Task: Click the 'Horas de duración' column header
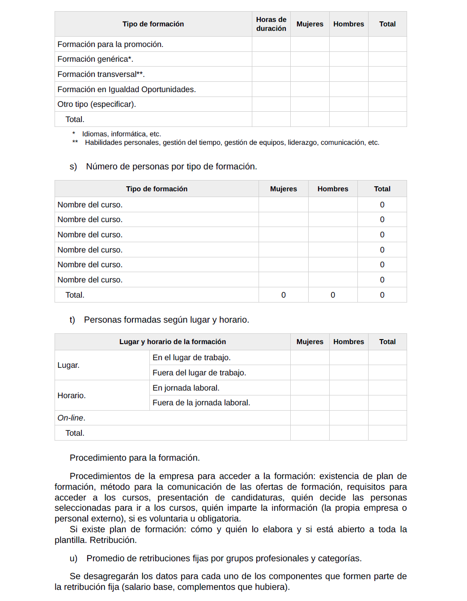[271, 24]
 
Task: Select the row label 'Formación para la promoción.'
[110, 44]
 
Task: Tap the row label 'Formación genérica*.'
[95, 59]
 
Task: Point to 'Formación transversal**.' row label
[101, 74]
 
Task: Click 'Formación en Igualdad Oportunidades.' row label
[127, 89]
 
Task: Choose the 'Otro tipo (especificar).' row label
[97, 104]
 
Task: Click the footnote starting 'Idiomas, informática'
[121, 134]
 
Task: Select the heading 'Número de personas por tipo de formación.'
[171, 167]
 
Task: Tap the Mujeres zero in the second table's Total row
[284, 295]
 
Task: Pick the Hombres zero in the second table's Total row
[333, 295]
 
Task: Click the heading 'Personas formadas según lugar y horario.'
[166, 320]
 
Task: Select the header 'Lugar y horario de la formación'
[172, 342]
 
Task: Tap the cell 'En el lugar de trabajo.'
[191, 357]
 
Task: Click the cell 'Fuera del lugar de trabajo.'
[199, 373]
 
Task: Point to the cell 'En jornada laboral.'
[186, 388]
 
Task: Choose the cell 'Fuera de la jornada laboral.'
[201, 403]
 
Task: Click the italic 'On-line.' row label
[71, 418]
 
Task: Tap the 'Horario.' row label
[72, 395]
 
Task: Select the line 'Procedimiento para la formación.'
[135, 458]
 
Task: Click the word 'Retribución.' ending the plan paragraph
[113, 540]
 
